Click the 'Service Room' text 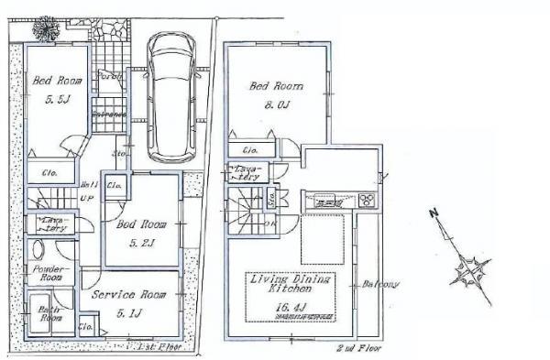pyautogui.click(x=128, y=294)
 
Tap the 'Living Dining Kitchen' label pyautogui.click(x=290, y=282)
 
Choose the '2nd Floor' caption pyautogui.click(x=358, y=349)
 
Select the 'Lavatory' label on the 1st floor pyautogui.click(x=50, y=224)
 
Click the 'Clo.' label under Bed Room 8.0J pyautogui.click(x=248, y=150)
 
